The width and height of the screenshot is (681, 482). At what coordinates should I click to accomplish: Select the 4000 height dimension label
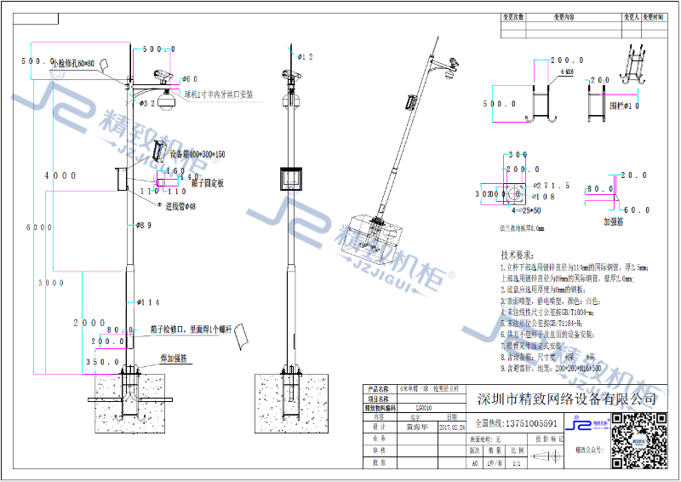tap(60, 175)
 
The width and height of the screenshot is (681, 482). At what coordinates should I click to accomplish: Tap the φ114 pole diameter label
tap(147, 301)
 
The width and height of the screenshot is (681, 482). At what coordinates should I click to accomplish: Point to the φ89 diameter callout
tap(145, 226)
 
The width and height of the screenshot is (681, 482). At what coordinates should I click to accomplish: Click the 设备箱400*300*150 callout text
tap(197, 154)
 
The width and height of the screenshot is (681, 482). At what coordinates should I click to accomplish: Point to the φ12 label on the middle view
tap(305, 57)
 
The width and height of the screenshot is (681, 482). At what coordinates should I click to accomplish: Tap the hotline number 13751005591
tap(528, 422)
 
